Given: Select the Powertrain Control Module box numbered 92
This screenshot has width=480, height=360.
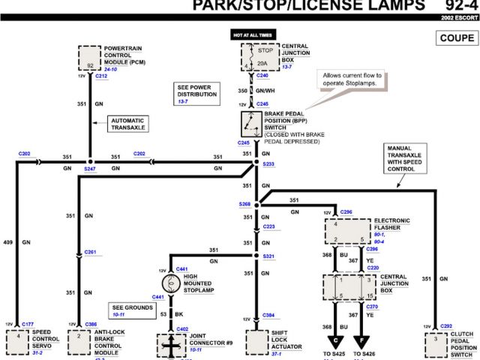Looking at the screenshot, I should (x=89, y=58).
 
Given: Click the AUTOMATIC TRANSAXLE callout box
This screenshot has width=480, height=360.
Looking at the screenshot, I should (x=129, y=124).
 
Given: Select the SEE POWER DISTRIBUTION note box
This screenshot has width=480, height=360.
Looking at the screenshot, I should (x=197, y=93).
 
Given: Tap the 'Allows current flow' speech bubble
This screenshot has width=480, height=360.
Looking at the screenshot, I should (x=352, y=79).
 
